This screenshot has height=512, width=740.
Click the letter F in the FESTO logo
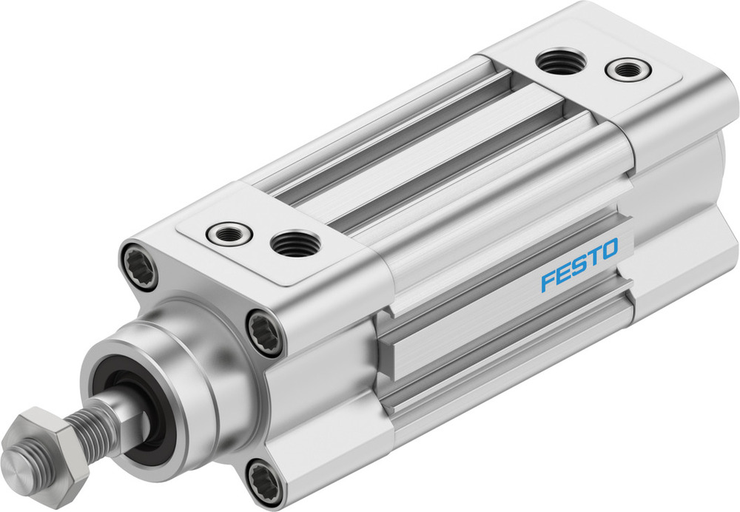[x=548, y=282]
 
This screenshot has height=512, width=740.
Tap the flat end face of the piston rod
[x=19, y=465]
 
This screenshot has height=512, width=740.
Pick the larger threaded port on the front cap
[x=295, y=243]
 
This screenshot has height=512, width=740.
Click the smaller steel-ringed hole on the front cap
[x=229, y=234]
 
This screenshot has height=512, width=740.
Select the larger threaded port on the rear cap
[x=560, y=61]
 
